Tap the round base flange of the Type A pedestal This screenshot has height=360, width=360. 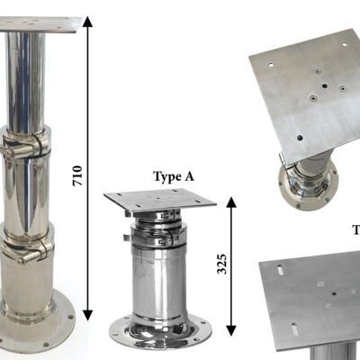coord(160,330)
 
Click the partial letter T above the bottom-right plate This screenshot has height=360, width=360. coord(355,230)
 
